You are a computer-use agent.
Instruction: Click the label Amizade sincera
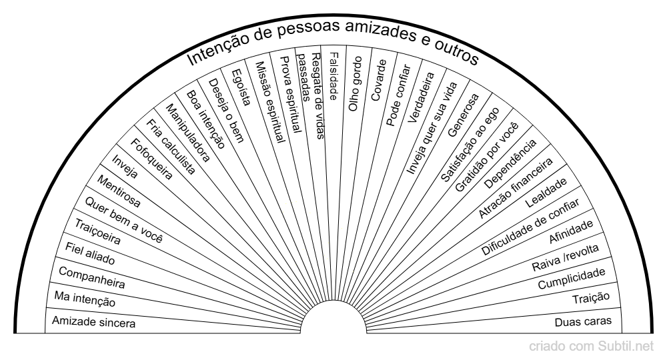(x=93, y=322)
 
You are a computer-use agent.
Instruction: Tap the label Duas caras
(x=583, y=322)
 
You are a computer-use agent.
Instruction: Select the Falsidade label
(x=333, y=77)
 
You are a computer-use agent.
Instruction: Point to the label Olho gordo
(x=355, y=84)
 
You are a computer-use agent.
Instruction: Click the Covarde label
(x=379, y=80)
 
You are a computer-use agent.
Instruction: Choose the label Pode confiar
(x=398, y=95)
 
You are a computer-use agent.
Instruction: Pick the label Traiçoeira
(x=98, y=231)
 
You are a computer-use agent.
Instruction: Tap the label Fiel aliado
(x=90, y=254)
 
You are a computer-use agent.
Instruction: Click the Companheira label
(x=91, y=277)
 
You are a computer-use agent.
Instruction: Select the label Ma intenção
(x=85, y=299)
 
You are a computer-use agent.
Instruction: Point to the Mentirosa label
(x=118, y=191)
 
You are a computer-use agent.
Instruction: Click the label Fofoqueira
(x=151, y=159)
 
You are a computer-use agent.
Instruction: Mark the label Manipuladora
(x=187, y=133)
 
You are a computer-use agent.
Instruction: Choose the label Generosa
(x=464, y=115)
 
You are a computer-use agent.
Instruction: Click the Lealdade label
(x=546, y=193)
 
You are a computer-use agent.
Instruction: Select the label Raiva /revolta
(x=566, y=258)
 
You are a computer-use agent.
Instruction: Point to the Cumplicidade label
(x=572, y=279)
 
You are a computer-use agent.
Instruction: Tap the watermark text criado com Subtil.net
(x=591, y=347)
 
